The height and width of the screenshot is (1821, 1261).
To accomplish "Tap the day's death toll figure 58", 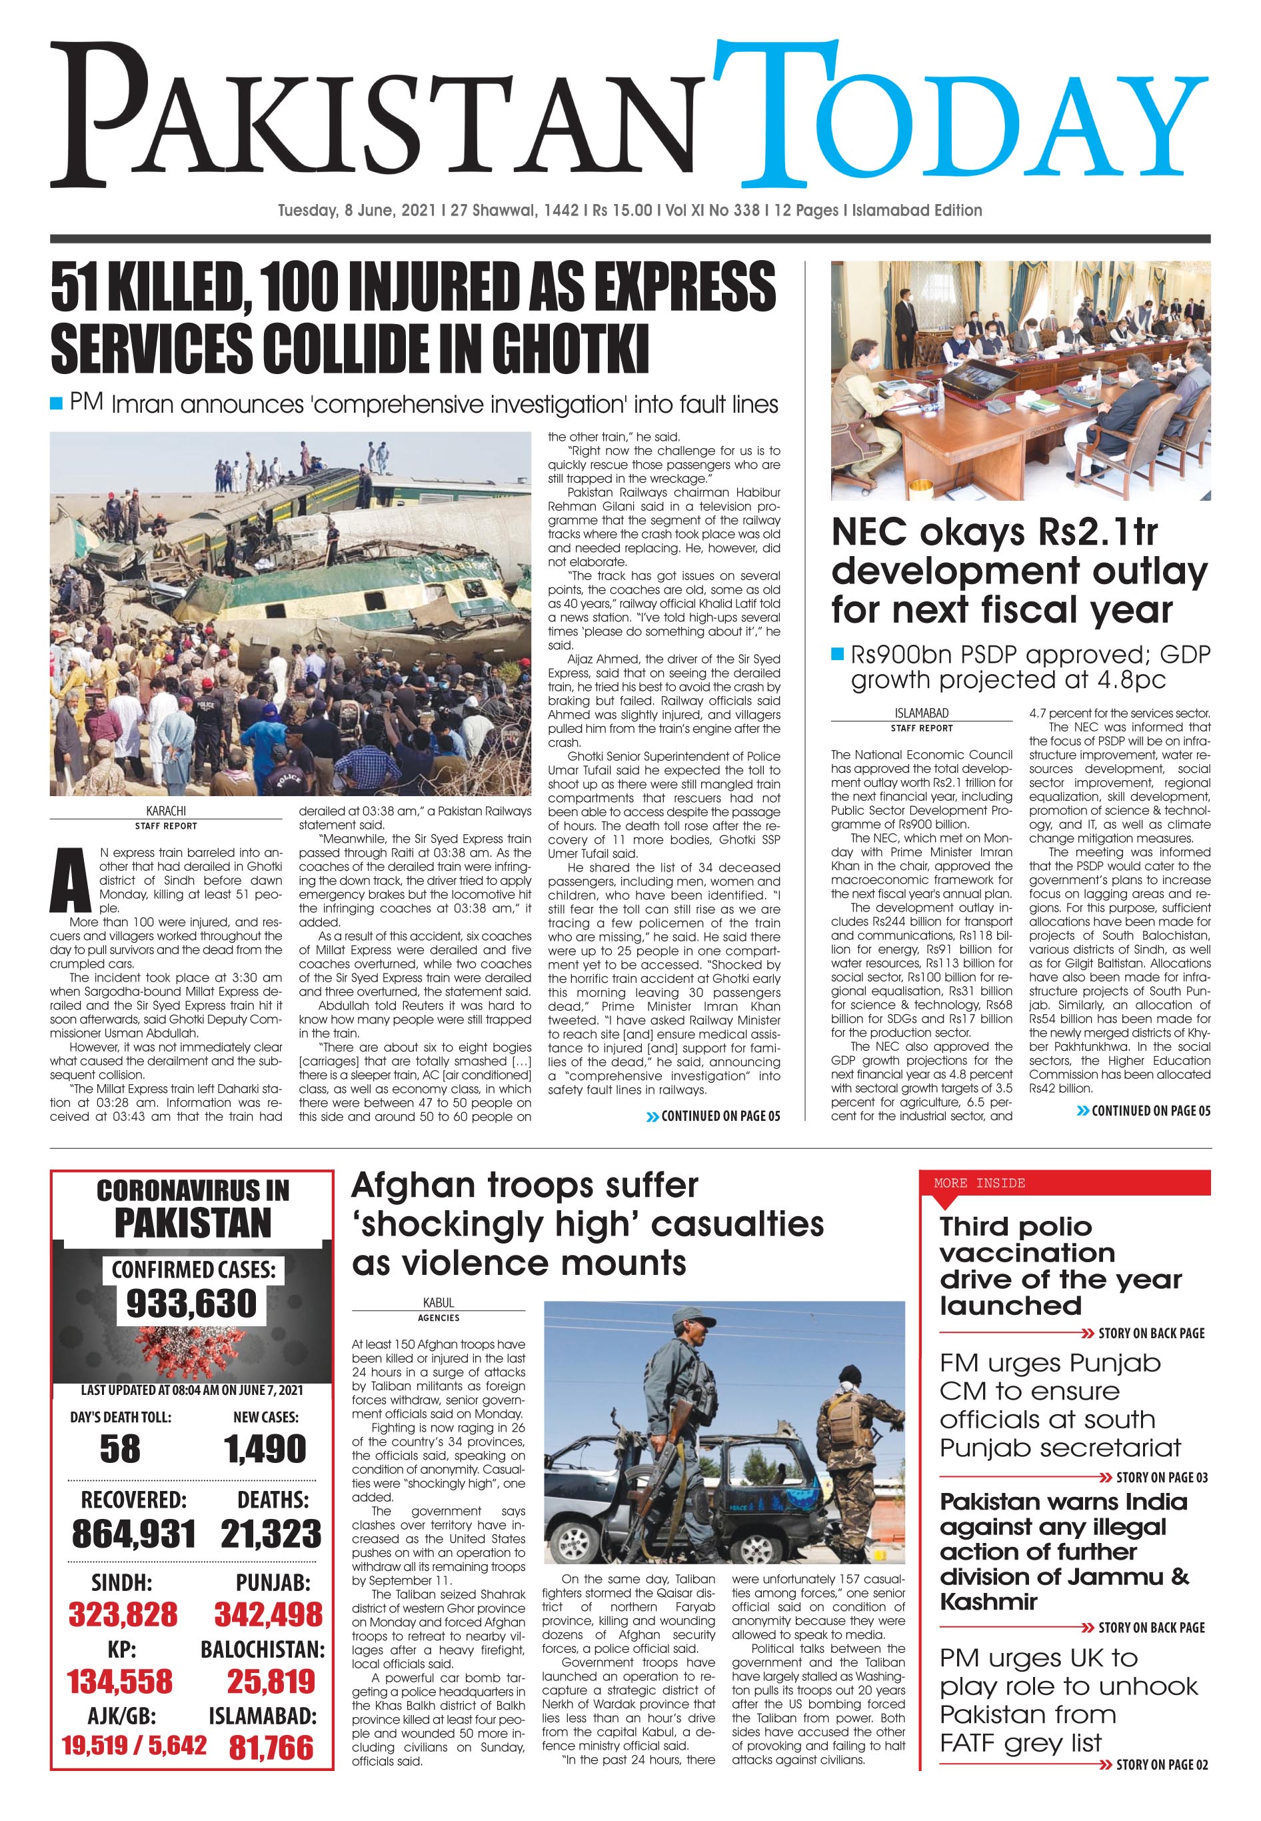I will click(x=120, y=1449).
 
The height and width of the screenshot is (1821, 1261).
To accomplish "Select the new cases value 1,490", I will click(x=265, y=1449).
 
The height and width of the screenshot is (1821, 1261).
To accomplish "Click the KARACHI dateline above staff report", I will click(x=166, y=811).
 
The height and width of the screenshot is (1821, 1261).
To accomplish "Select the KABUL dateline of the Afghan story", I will click(x=439, y=1302).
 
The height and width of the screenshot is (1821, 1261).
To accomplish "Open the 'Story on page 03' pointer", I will click(x=1160, y=1477).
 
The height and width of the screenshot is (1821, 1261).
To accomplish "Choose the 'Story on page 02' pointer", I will click(x=1160, y=1765).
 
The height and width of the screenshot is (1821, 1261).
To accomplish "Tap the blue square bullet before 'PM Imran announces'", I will click(x=56, y=404).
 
